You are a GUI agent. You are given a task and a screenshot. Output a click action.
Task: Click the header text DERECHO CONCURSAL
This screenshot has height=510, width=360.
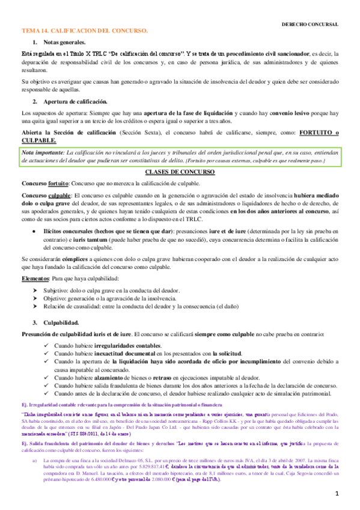pos(310,23)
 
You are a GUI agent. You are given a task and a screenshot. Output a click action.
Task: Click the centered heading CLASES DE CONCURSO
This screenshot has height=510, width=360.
pos(180,172)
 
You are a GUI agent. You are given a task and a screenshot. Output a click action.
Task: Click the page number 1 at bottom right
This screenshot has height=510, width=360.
pos(338,494)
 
